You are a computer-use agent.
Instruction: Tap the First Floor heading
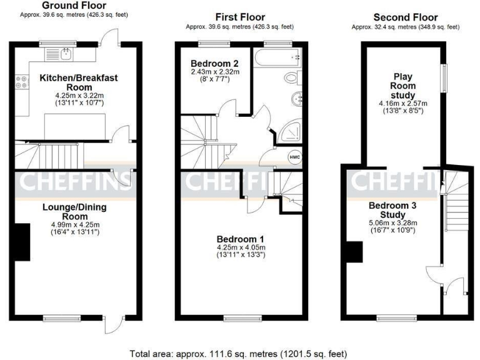240,17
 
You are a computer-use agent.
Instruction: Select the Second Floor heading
405,17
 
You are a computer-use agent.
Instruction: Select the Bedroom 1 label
239,239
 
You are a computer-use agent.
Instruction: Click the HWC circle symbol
294,157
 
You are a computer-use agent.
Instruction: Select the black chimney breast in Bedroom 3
354,252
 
